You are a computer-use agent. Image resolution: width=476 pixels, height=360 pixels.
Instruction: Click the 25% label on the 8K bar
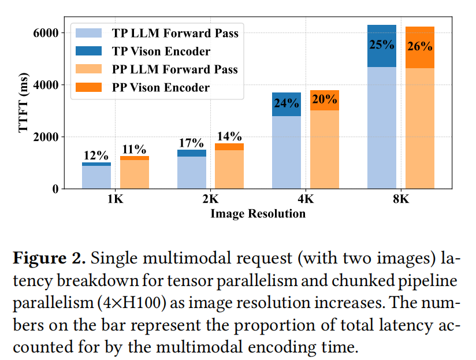[x=382, y=44]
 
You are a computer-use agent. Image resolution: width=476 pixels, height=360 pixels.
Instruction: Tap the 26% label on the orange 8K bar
[x=420, y=47]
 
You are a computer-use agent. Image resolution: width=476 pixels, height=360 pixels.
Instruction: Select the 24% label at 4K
[x=287, y=104]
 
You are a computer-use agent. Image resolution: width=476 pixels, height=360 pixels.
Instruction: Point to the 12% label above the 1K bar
[x=96, y=155]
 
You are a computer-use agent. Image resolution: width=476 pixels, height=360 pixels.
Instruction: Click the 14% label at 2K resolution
[x=229, y=136]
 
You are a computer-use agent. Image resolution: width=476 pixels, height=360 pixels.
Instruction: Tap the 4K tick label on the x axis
[x=306, y=200]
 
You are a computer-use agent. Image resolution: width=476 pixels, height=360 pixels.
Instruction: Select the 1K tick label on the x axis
[x=115, y=200]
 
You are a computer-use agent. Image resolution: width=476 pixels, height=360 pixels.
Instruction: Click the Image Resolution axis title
[x=258, y=214]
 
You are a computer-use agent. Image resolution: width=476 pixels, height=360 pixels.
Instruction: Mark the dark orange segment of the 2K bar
[x=229, y=147]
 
